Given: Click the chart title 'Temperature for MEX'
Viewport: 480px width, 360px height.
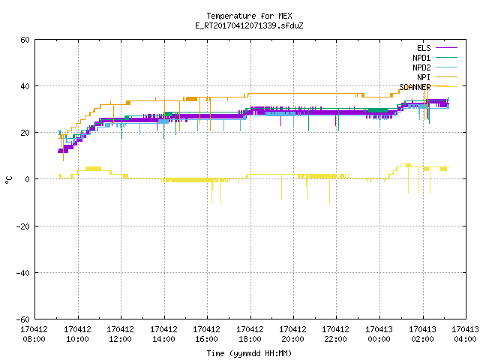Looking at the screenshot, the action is (x=249, y=16).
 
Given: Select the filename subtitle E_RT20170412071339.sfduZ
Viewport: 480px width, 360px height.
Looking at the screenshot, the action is (x=249, y=25).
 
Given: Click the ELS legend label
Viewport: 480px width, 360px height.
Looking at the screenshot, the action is (x=424, y=48).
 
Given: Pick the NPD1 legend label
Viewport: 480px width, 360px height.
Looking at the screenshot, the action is (x=421, y=58).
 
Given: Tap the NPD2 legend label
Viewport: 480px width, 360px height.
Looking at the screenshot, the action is (x=421, y=67).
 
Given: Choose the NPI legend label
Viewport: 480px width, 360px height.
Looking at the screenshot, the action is (x=424, y=77).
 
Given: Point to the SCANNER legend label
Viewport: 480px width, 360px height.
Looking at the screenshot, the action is (x=415, y=87).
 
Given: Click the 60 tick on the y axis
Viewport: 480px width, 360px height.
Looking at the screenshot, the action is (x=25, y=40).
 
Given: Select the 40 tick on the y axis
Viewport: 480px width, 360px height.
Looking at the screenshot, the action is (x=25, y=86).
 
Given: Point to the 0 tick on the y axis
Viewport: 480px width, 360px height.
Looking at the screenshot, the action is (x=28, y=179).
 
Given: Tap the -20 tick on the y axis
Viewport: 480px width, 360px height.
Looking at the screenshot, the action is (x=23, y=226).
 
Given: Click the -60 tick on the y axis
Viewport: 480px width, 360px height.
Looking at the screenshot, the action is (x=23, y=319).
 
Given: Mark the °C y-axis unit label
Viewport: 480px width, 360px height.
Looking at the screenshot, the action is (x=8, y=180).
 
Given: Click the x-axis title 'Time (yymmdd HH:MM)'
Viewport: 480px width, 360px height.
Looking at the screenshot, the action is (x=249, y=353).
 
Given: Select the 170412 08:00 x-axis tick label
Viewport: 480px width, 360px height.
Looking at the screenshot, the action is (x=34, y=334).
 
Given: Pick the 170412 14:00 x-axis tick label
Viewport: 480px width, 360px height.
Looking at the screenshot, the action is (x=163, y=334).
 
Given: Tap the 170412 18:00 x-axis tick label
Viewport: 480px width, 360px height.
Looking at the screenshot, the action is (x=250, y=334).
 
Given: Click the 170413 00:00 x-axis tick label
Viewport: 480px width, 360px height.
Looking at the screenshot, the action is (x=379, y=334).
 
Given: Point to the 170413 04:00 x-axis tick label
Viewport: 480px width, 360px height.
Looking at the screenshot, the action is (x=465, y=334).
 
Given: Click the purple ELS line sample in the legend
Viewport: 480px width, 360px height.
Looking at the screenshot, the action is (x=446, y=48).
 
